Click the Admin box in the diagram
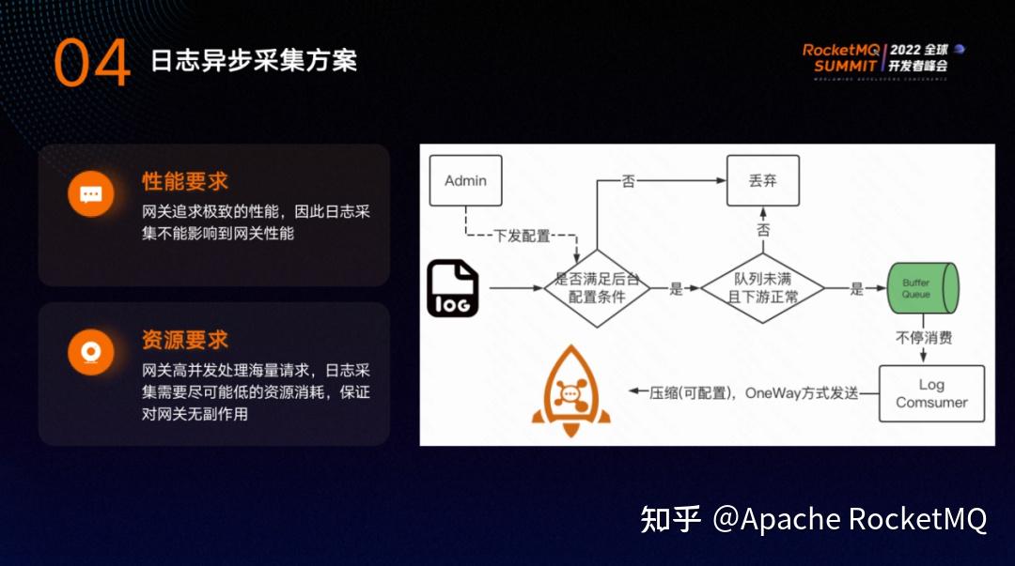[465, 181]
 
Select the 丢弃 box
[763, 181]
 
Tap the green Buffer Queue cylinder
[922, 288]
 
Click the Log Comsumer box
[931, 393]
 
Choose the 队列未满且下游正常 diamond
[762, 288]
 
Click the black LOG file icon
[453, 289]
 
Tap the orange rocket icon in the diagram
[570, 391]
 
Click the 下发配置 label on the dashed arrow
[522, 236]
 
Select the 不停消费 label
[923, 338]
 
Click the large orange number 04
[91, 63]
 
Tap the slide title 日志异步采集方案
[254, 61]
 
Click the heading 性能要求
[185, 181]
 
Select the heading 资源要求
[185, 340]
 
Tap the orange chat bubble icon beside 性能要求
[91, 195]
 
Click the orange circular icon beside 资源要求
[91, 353]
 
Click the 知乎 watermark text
[671, 519]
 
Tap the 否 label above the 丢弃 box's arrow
[629, 181]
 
